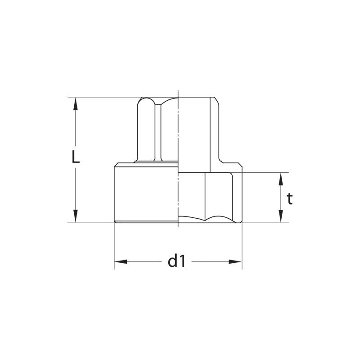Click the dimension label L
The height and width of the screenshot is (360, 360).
tap(76, 157)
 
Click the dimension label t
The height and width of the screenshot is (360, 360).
tap(290, 199)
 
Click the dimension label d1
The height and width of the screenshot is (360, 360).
tap(176, 261)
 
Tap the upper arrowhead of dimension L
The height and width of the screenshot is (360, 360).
tap(76, 103)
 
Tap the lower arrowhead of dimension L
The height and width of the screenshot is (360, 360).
tap(76, 216)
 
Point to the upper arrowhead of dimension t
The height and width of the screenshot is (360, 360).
tap(280, 179)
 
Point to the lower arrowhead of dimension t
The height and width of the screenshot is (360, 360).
tap(280, 216)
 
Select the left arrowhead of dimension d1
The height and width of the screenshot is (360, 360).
tap(121, 262)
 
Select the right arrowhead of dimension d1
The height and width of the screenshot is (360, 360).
tap(235, 262)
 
